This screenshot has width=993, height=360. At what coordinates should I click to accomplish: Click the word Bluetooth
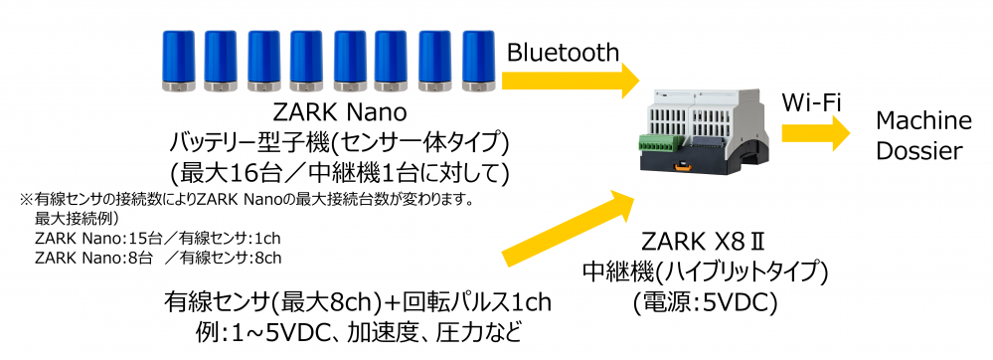[x=563, y=53]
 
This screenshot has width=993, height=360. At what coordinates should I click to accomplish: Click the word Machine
[x=922, y=121]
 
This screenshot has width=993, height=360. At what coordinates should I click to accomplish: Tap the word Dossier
[x=920, y=152]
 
